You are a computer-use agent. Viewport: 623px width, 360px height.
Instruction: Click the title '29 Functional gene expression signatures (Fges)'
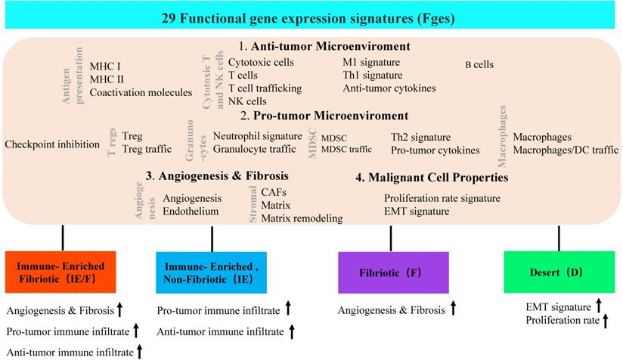(311, 17)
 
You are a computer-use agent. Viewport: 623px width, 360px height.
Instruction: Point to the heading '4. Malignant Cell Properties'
(431, 178)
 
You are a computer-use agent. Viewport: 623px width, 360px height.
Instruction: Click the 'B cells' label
(479, 65)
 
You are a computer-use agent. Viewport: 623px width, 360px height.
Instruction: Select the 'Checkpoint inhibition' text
(52, 144)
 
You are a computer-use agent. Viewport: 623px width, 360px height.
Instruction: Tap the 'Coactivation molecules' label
(141, 92)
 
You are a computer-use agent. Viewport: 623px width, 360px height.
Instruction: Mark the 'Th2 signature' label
(420, 138)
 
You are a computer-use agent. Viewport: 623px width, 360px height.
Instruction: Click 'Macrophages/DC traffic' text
(566, 151)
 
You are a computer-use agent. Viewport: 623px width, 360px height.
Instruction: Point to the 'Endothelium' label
(191, 212)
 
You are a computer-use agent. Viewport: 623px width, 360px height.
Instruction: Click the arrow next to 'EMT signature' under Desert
(598, 306)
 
